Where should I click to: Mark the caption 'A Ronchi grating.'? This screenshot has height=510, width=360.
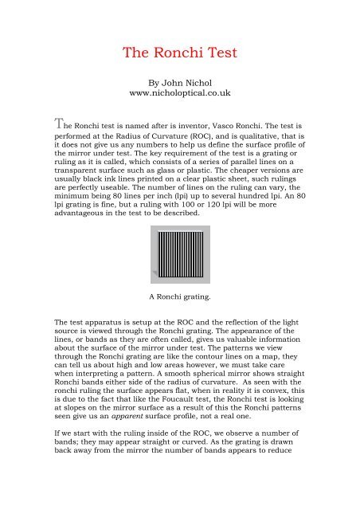click(179, 297)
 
